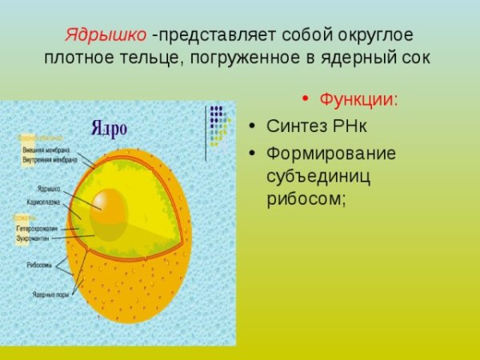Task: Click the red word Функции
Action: pyautogui.click(x=358, y=100)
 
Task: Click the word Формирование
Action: pyautogui.click(x=331, y=152)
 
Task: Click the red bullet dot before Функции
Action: pyautogui.click(x=305, y=100)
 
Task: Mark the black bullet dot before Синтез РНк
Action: pyautogui.click(x=252, y=126)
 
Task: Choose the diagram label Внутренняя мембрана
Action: pyautogui.click(x=46, y=158)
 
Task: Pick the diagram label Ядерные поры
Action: pyautogui.click(x=50, y=294)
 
